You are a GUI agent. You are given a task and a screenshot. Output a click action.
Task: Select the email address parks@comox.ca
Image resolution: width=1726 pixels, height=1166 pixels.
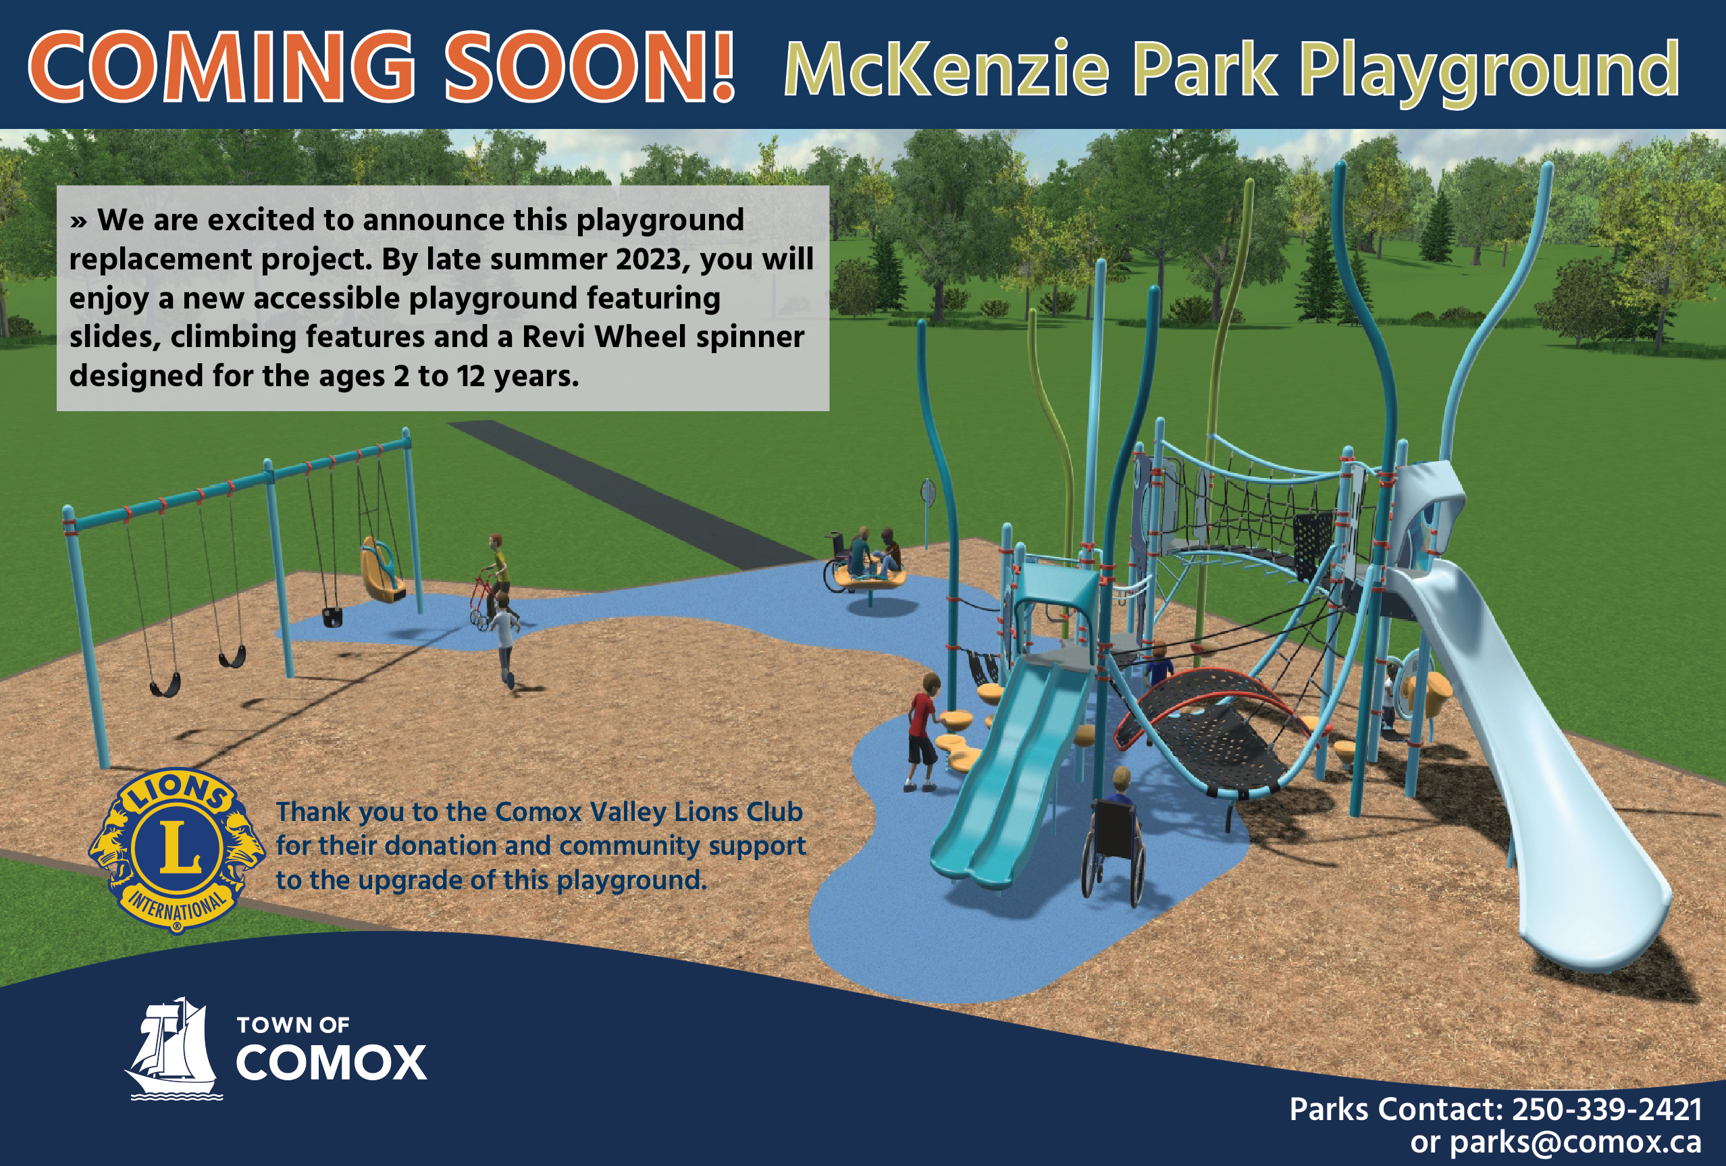tap(1575, 1142)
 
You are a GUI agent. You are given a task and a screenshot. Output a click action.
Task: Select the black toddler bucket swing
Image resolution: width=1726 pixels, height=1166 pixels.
tap(333, 616)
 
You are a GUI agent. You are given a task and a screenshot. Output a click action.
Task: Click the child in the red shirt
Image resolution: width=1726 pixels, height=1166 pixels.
tap(923, 732)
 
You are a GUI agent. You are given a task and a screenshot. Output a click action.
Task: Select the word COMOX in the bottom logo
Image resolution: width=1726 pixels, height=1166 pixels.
tap(332, 1063)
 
